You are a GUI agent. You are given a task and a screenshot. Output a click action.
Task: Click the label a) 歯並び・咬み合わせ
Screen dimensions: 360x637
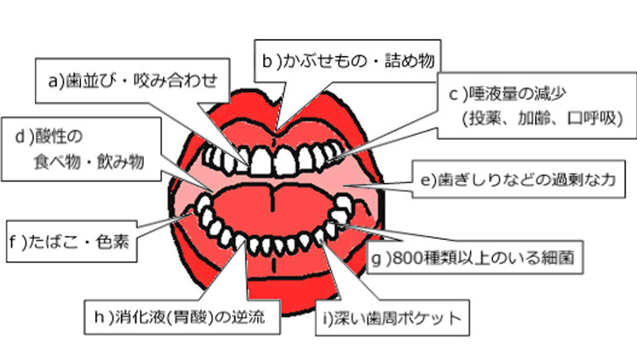coord(132,80)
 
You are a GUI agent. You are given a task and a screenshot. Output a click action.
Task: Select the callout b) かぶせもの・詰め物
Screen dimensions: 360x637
coord(347,60)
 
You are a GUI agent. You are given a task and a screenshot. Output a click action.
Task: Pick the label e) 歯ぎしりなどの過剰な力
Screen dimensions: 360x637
coord(516,180)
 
